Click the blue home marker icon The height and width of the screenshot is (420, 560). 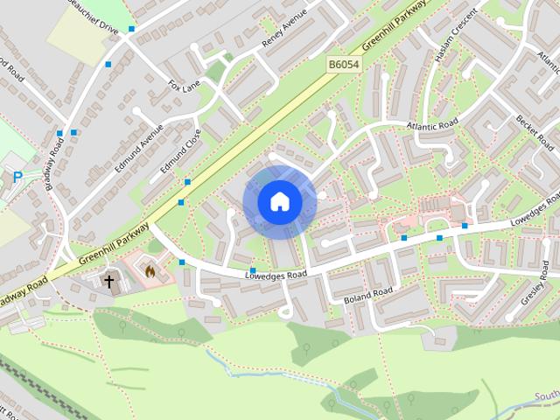[x=279, y=201]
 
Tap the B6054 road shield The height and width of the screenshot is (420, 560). [x=345, y=65]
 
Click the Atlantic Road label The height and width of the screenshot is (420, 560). [x=430, y=128]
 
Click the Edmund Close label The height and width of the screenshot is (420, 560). [x=181, y=150]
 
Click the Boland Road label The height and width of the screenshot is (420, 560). [x=368, y=293]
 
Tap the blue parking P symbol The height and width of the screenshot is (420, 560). [x=17, y=178]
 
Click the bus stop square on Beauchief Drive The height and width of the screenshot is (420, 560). [x=131, y=29]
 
